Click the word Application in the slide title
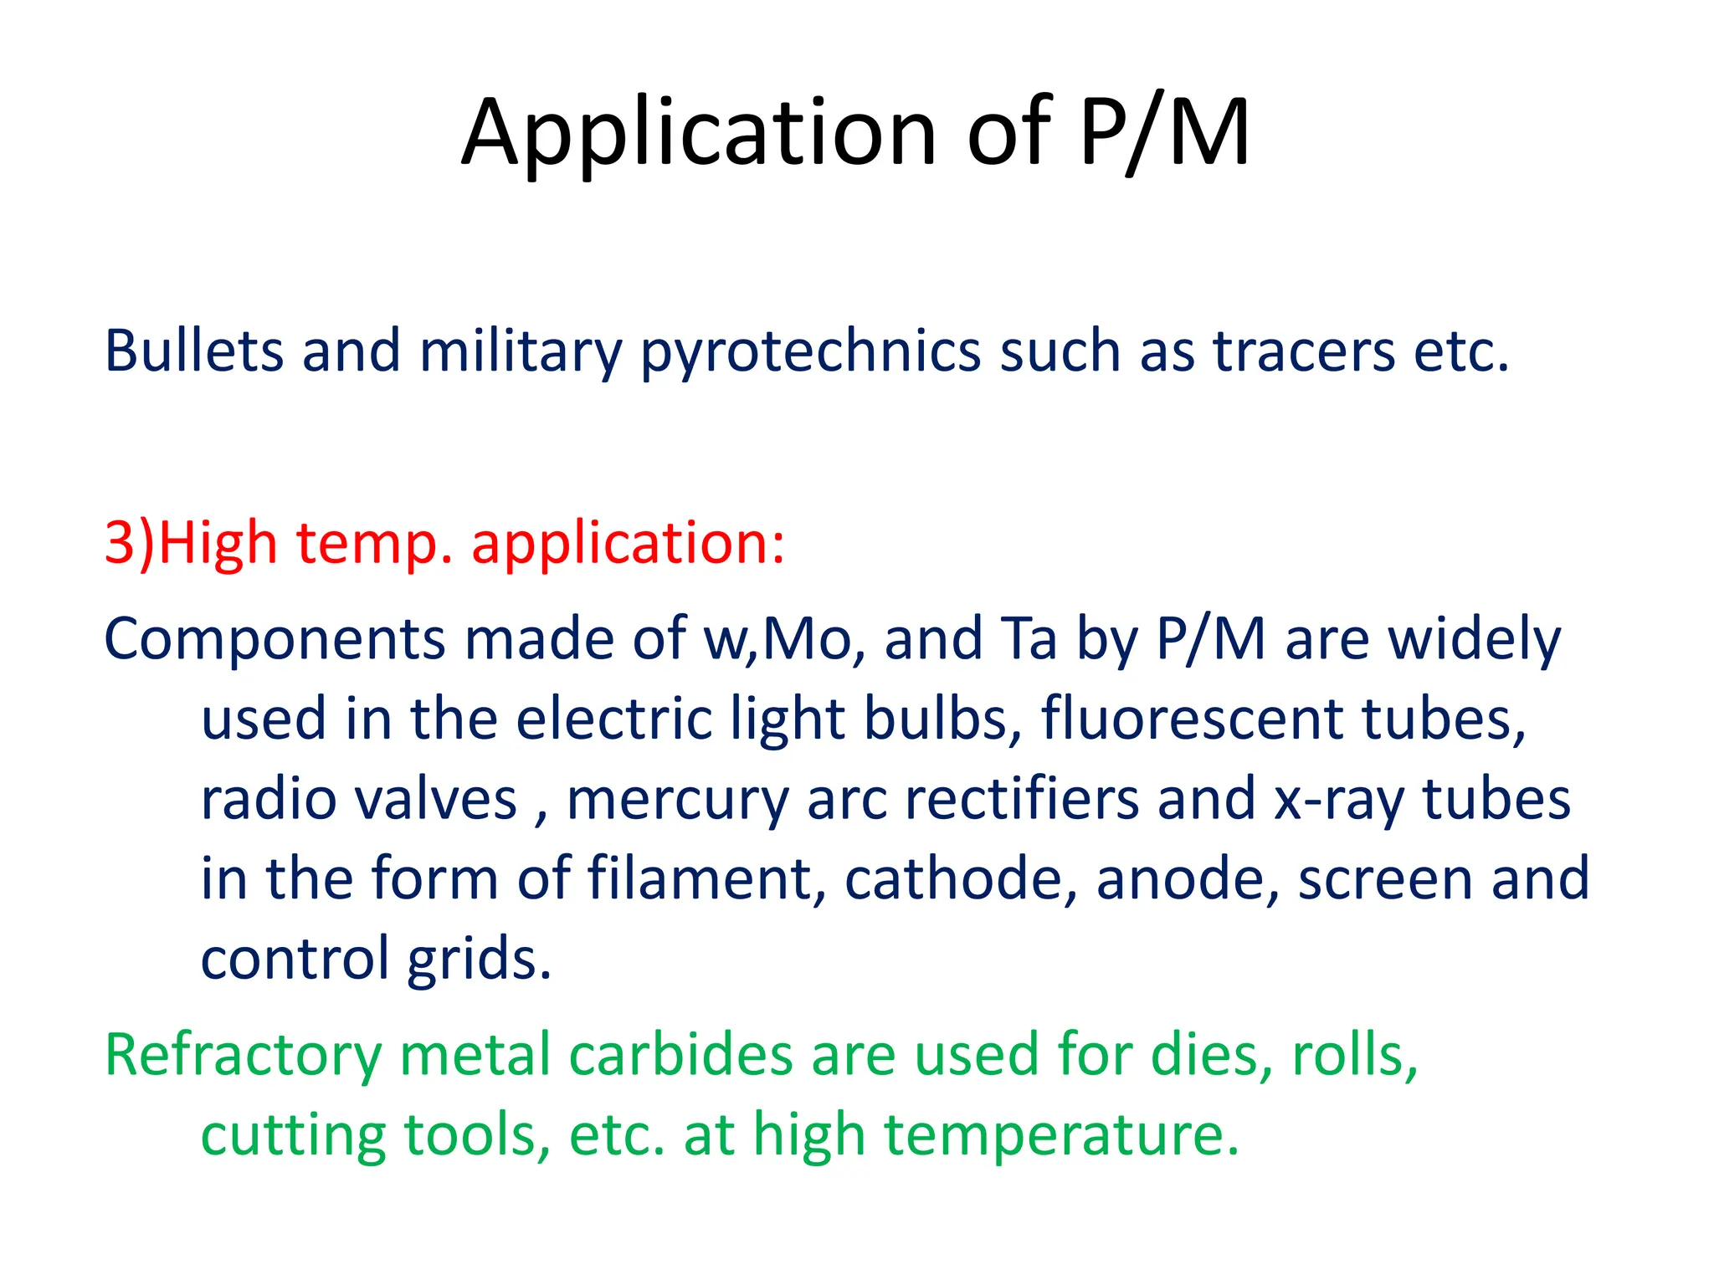[x=700, y=134]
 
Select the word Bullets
[x=193, y=351]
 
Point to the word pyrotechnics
[x=810, y=352]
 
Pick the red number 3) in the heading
[x=130, y=544]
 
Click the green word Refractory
[x=243, y=1057]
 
